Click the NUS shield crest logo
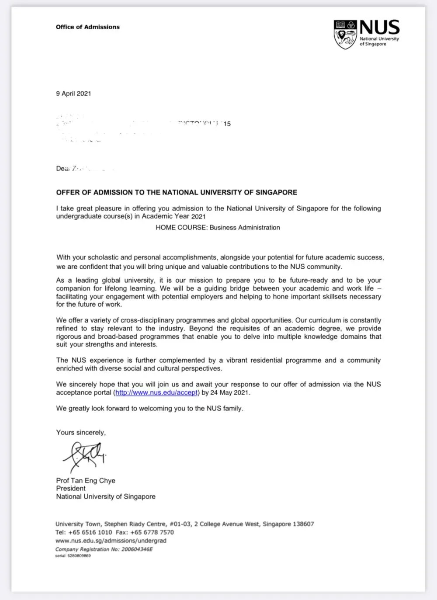tap(345, 34)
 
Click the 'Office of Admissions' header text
tap(87, 27)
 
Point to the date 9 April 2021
tap(73, 94)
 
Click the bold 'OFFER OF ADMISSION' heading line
tap(177, 192)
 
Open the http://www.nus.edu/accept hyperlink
tap(156, 392)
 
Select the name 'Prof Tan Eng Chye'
tap(86, 481)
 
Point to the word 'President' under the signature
tap(71, 489)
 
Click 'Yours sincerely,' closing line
tap(81, 433)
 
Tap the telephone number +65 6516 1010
tap(90, 532)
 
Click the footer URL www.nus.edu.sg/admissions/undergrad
tap(111, 541)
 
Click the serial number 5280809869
tap(79, 556)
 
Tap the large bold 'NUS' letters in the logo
tap(379, 28)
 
